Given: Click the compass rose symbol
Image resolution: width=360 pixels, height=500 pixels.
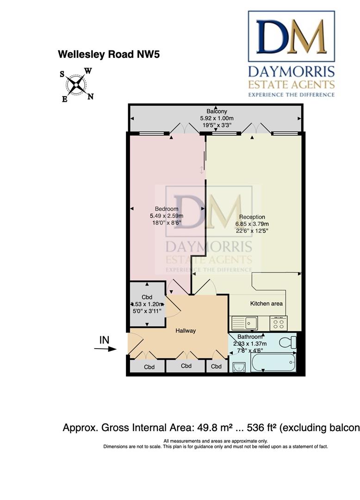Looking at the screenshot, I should coord(76,85).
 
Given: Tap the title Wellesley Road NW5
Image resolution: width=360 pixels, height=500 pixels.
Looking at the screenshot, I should coord(109,54).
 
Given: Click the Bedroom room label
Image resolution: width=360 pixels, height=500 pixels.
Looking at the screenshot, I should coord(167,209).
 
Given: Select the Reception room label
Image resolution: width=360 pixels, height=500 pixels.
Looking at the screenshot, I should coord(252,217).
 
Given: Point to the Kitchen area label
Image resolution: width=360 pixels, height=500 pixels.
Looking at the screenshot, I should coord(267,304).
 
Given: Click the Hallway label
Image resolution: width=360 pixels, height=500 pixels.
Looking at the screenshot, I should coord(186,331).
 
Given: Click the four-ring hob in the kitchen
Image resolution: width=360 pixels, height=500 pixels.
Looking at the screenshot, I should coord(279,323).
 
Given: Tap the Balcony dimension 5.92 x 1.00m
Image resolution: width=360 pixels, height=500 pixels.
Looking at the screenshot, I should coord(217,118).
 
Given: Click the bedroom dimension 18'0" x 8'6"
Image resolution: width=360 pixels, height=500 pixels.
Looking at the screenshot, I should coord(167,223).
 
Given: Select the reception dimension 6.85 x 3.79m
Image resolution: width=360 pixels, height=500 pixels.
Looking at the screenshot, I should coord(252,224).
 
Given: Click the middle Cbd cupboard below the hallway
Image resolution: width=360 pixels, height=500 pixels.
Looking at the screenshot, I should coord(186,366).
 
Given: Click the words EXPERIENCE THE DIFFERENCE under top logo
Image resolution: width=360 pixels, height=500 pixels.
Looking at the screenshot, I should coord(292,94).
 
